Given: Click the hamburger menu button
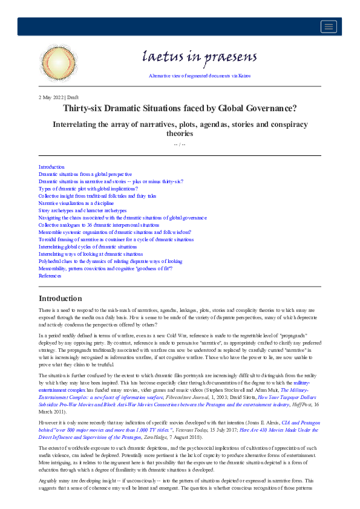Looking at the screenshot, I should pos(329,26).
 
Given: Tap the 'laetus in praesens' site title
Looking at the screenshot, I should pos(199,57).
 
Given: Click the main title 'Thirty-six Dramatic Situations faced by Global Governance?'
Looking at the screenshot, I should pos(180,109).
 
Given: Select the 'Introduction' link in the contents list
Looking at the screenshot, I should pos(51,167).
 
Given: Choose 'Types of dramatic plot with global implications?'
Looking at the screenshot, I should pos(88,189).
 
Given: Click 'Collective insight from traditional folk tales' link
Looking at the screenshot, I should pos(97,196).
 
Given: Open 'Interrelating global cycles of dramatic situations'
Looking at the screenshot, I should pos(88,247).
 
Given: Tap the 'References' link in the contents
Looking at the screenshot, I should pos(50,276).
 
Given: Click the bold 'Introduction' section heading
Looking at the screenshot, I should pos(60,299).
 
